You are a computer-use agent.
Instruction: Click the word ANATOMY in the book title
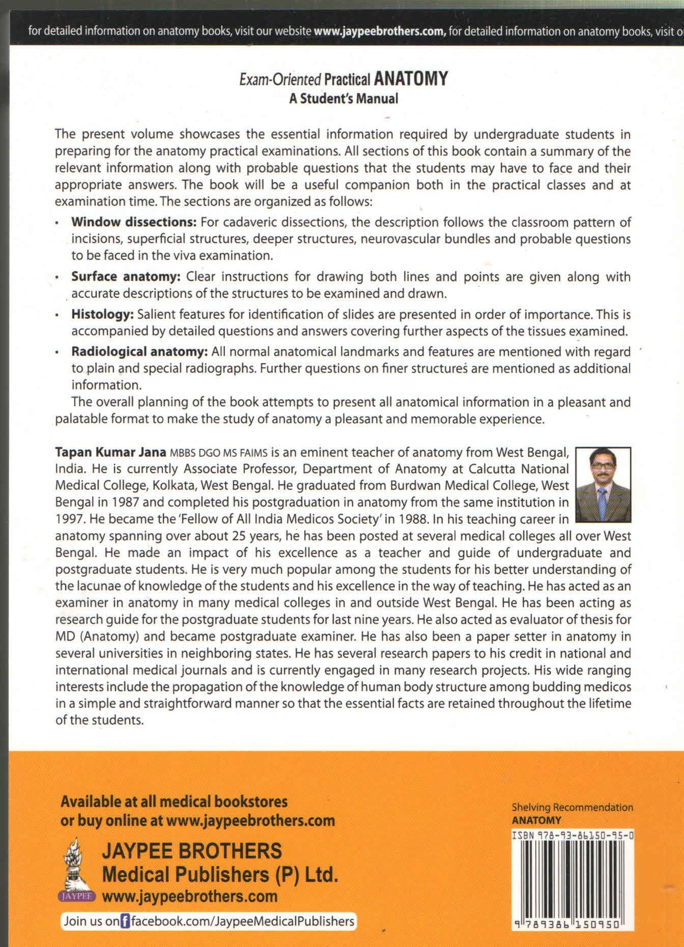coord(411,78)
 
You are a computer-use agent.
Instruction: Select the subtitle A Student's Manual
coord(343,99)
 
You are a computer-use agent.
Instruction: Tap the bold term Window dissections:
coord(134,222)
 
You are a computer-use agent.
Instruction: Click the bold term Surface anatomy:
coord(126,276)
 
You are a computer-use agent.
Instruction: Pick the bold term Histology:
coord(102,314)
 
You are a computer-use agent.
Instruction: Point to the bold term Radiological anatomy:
coord(139,352)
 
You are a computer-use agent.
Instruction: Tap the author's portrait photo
coord(603,485)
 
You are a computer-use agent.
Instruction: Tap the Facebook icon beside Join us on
coord(125,922)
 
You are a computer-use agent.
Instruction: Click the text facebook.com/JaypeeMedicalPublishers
coord(242,922)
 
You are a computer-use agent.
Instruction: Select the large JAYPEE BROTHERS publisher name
coord(192,851)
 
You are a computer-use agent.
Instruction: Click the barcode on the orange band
coord(572,881)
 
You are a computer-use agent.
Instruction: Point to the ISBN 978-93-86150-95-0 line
coord(572,836)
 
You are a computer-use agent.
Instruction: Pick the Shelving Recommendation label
coord(572,807)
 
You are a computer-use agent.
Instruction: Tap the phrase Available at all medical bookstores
coord(174,801)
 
